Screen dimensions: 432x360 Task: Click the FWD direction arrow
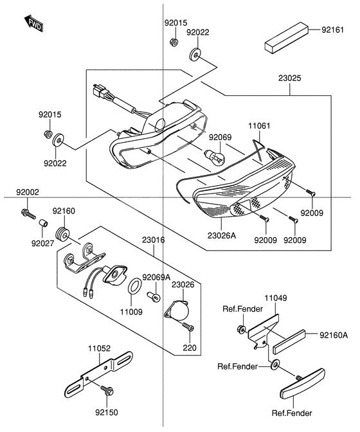[x=34, y=24]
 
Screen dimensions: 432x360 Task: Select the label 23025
[x=289, y=78]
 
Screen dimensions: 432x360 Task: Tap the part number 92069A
[x=156, y=276]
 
